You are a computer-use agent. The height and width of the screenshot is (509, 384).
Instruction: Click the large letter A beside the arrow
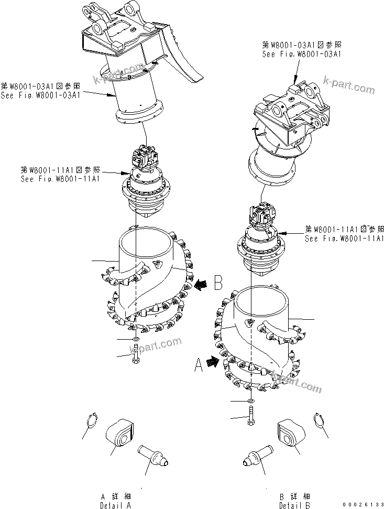199,364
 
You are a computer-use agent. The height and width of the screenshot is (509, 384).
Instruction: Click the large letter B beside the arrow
219,284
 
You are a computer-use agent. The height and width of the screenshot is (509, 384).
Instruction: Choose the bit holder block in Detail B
289,432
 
